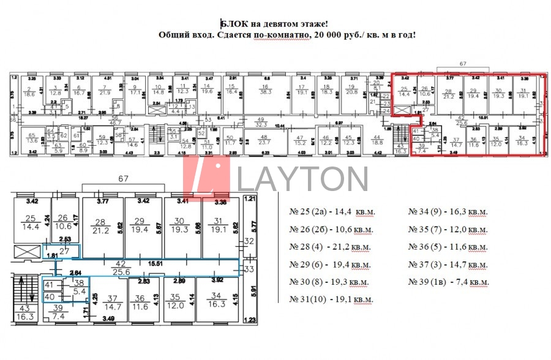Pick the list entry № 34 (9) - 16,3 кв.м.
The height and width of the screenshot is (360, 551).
tap(449, 211)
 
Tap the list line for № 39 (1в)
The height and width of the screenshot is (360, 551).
tap(449, 282)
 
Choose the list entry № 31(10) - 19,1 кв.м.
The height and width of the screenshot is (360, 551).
tap(331, 299)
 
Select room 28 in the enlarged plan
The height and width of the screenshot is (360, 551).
tap(102, 227)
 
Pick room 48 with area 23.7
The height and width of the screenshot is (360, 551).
tap(264, 140)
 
